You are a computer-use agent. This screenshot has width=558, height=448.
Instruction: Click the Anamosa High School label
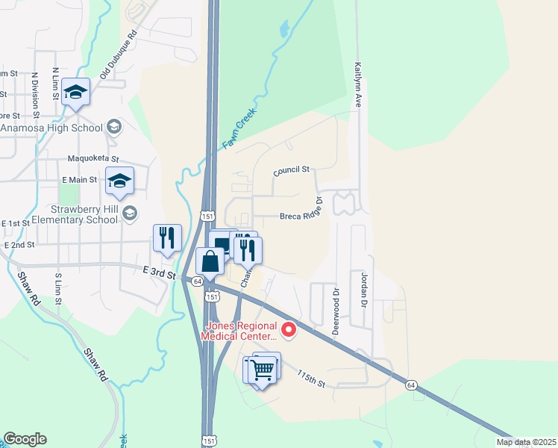[x=51, y=128]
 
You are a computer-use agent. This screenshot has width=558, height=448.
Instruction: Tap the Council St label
[x=291, y=171]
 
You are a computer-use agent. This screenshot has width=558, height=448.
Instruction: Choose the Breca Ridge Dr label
[x=300, y=217]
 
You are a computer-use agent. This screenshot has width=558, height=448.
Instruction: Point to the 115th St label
[x=311, y=379]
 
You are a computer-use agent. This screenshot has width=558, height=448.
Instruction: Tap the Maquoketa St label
[x=93, y=158]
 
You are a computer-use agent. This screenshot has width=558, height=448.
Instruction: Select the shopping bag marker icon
[x=210, y=261]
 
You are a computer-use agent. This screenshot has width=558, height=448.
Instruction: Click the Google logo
[x=25, y=439]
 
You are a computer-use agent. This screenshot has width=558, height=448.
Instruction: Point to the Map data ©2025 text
[x=526, y=442]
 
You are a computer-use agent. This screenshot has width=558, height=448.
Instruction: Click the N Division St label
[x=35, y=96]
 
